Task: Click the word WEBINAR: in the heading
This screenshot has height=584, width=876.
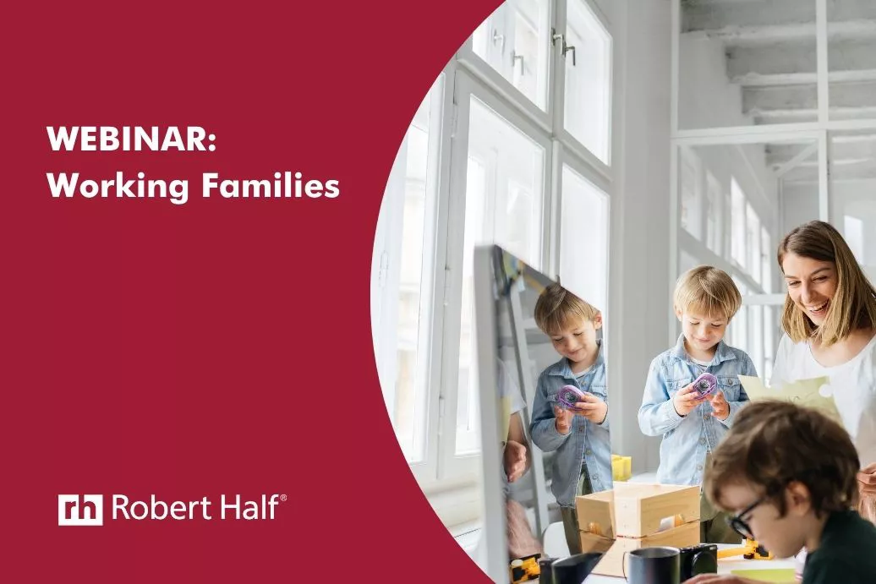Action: click(131, 139)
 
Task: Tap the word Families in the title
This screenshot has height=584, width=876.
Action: click(271, 185)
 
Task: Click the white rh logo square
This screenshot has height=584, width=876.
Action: click(80, 509)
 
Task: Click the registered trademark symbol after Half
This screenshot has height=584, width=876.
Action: click(282, 498)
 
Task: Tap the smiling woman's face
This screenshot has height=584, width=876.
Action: click(811, 292)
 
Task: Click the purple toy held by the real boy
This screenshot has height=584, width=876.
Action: click(704, 385)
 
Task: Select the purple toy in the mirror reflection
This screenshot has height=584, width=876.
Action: click(569, 397)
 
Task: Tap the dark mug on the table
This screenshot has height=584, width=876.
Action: click(653, 565)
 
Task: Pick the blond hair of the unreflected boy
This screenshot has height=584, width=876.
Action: click(706, 290)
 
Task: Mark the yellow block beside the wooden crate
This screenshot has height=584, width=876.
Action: click(621, 467)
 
